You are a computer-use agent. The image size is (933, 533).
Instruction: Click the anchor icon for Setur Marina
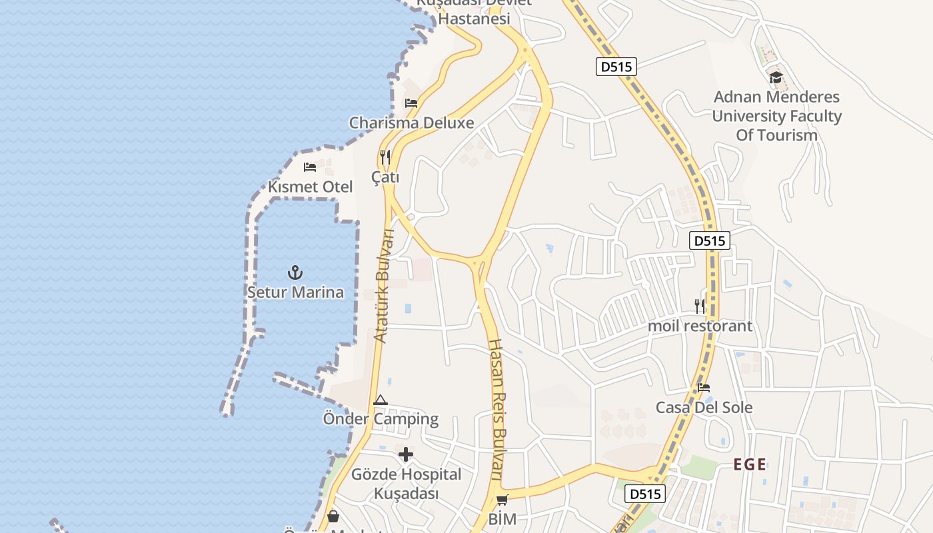coord(295,272)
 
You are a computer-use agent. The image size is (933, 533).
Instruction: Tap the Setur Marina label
coord(295,292)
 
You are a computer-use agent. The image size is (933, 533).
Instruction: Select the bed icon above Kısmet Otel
coord(310,167)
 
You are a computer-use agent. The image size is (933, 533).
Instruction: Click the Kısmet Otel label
coord(310,187)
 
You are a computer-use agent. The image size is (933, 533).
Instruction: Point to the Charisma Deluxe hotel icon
coord(411,103)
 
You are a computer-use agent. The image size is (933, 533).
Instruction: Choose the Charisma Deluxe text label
coord(411,123)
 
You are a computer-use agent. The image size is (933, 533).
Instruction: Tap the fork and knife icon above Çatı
coord(385,158)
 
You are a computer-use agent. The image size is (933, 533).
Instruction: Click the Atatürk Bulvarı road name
coord(385,286)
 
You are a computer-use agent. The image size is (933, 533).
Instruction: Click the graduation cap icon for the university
coord(776,77)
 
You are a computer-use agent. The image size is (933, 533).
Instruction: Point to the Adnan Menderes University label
coord(776,116)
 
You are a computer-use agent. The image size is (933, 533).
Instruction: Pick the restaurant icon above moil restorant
coord(700,306)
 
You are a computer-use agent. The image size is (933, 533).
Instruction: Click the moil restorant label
coord(700,326)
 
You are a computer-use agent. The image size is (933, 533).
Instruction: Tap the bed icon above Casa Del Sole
coord(704,388)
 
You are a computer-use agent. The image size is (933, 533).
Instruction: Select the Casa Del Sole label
coord(704,407)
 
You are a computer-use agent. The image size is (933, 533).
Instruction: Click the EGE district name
coord(750,464)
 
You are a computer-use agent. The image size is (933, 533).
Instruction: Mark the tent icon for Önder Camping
coord(381,400)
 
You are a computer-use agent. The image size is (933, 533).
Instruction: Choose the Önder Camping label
coord(381,419)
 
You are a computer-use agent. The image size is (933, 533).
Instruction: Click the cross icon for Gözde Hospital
coord(406,455)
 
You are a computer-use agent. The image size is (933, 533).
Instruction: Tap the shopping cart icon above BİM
coord(502,500)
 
